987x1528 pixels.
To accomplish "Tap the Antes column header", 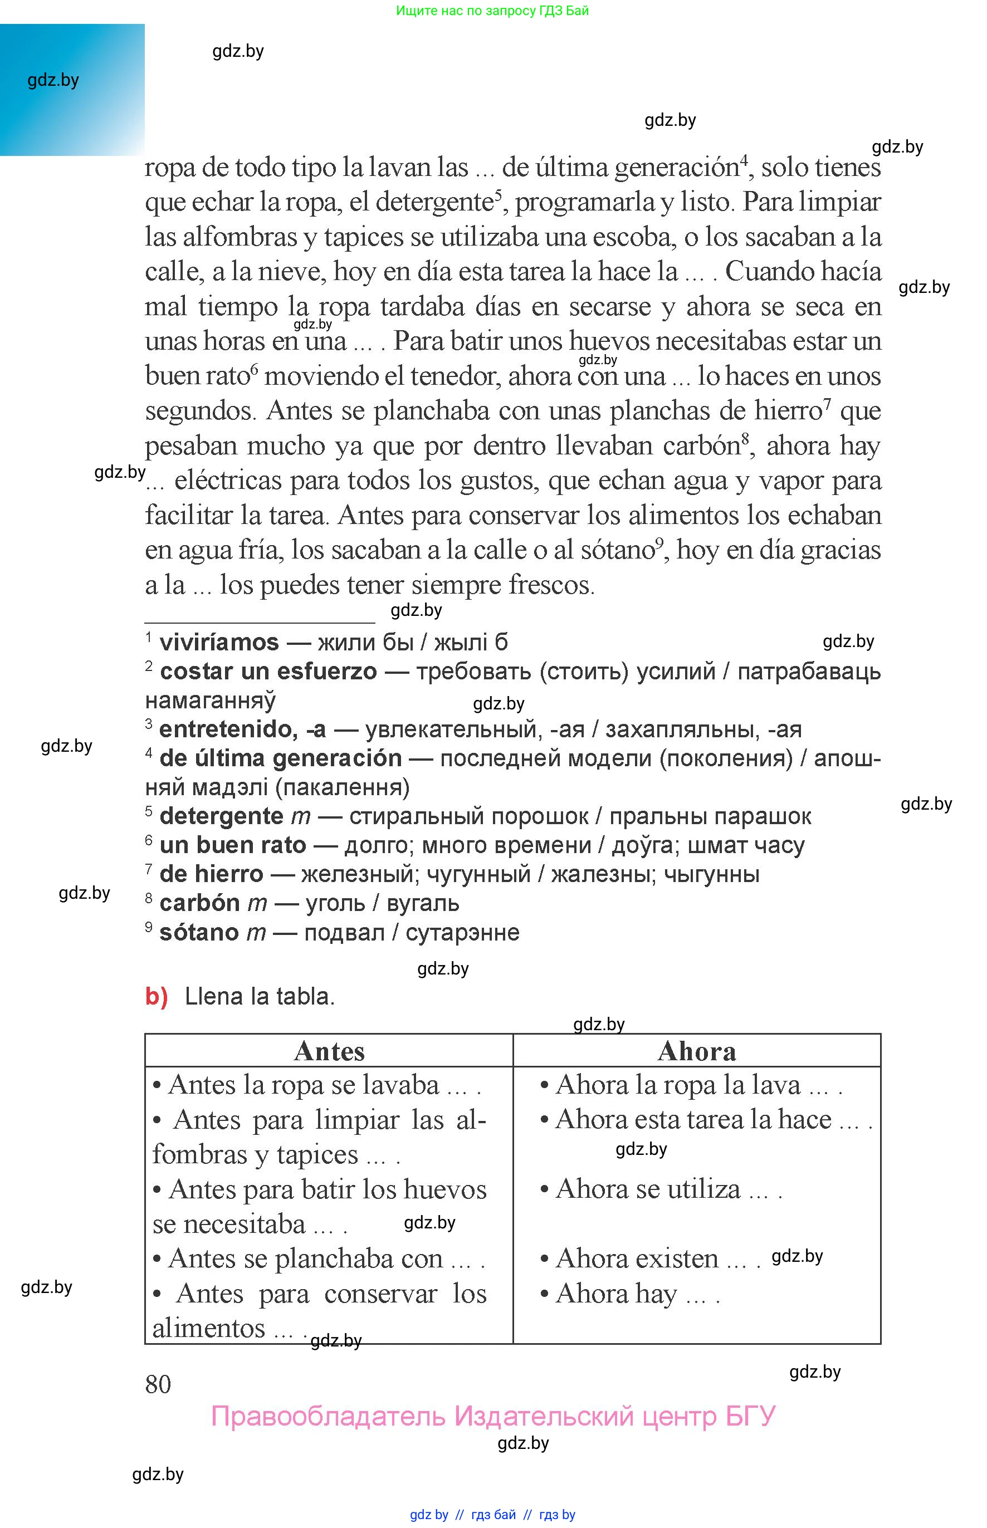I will pos(329,1051).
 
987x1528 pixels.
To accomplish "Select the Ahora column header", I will pos(697,1051).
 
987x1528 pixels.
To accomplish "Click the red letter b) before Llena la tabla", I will pos(157,996).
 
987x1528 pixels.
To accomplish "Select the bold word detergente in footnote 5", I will pos(221,816).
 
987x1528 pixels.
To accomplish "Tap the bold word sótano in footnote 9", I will pos(199,932).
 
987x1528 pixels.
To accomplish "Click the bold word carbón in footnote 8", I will pos(199,903).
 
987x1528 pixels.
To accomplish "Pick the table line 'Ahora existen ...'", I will pos(650,1259).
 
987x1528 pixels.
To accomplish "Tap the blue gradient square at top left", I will pos(72,90).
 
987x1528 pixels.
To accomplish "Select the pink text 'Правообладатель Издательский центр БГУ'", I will pos(493,1417).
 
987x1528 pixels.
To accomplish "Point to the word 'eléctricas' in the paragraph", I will pos(227,481).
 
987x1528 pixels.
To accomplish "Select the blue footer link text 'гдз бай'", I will pos(493,1515).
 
